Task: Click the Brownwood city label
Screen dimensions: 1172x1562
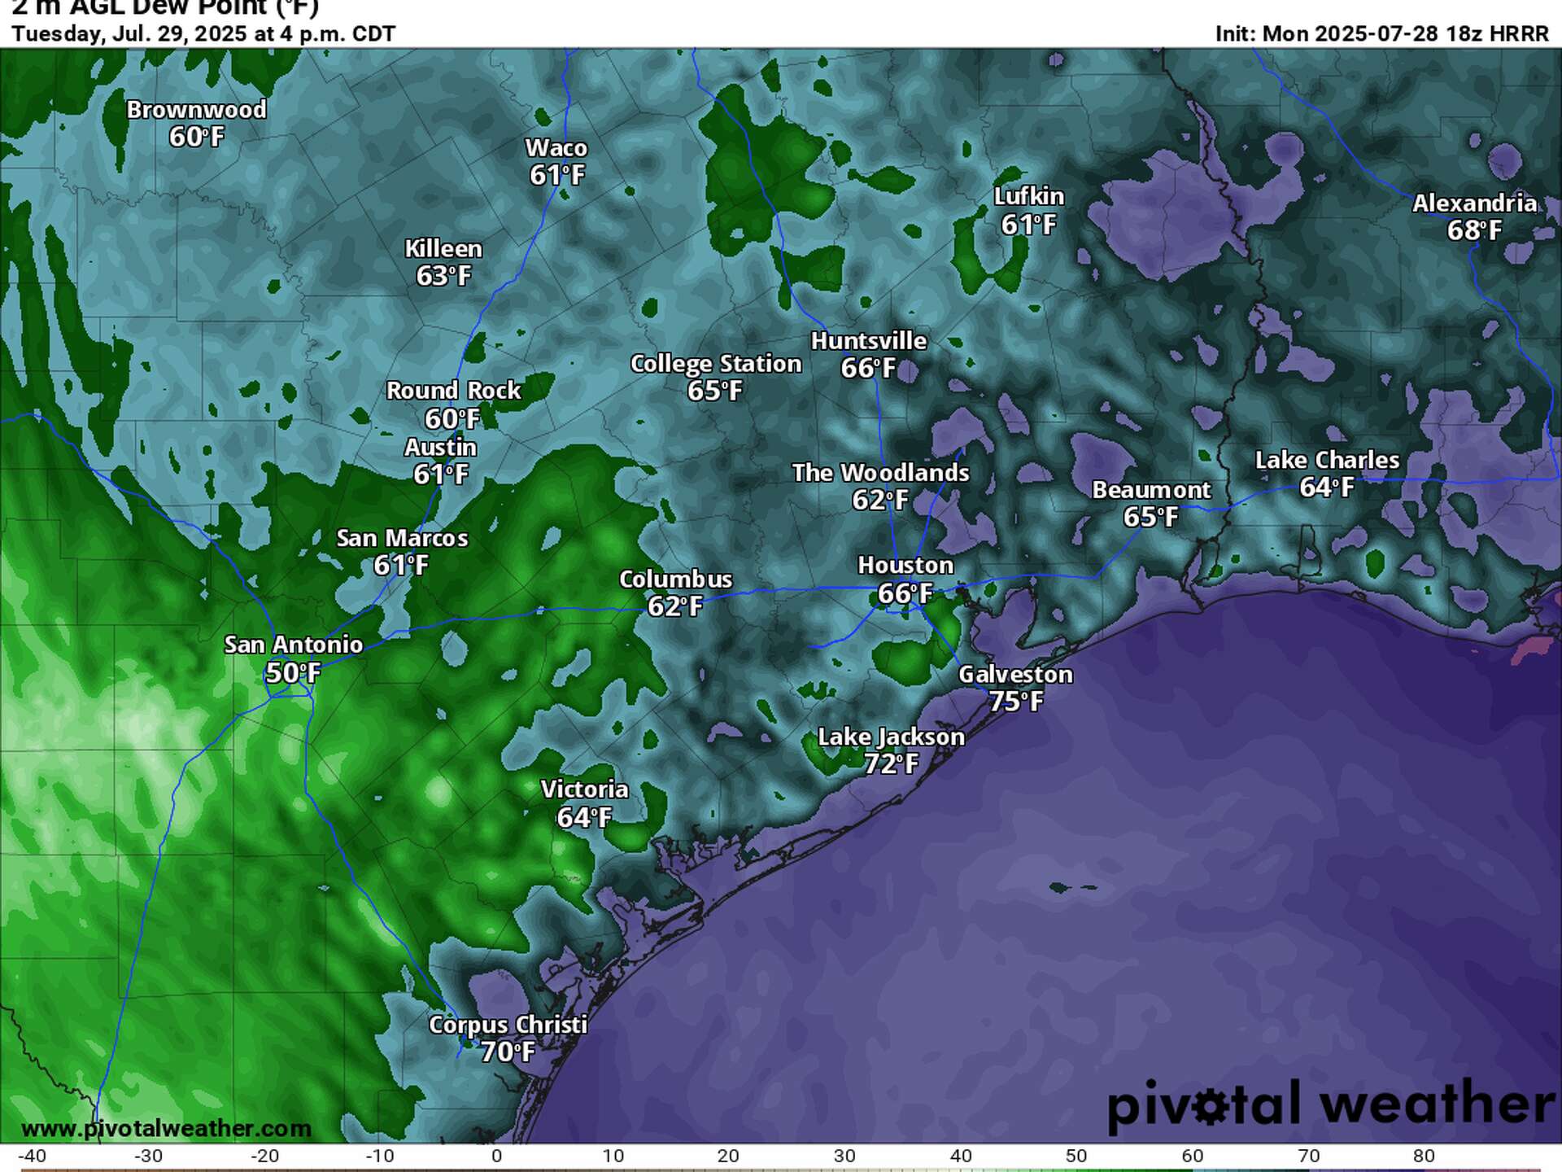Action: click(x=196, y=110)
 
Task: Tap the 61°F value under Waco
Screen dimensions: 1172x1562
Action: click(x=557, y=175)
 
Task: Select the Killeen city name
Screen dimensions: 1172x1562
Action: click(x=443, y=248)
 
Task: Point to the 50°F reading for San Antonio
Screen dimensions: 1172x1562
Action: click(x=293, y=673)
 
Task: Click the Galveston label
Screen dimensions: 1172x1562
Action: click(x=1015, y=674)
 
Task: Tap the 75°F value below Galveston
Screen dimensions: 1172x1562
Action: click(x=1015, y=701)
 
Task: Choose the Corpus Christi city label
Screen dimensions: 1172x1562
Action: click(x=508, y=1025)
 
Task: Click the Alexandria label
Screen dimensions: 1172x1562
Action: click(x=1474, y=203)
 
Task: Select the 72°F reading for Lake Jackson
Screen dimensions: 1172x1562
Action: click(x=891, y=764)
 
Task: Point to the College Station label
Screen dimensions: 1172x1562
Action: click(x=716, y=364)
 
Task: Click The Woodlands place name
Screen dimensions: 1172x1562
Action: click(x=880, y=473)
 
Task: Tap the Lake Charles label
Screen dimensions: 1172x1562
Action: click(x=1327, y=461)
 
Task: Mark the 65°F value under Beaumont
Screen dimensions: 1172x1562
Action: click(x=1150, y=517)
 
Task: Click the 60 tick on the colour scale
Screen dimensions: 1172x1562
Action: click(x=1193, y=1156)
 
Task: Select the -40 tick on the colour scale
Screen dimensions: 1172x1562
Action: click(x=32, y=1156)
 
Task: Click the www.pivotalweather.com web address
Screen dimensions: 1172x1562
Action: click(x=166, y=1129)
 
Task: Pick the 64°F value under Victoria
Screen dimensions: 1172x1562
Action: click(x=584, y=817)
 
